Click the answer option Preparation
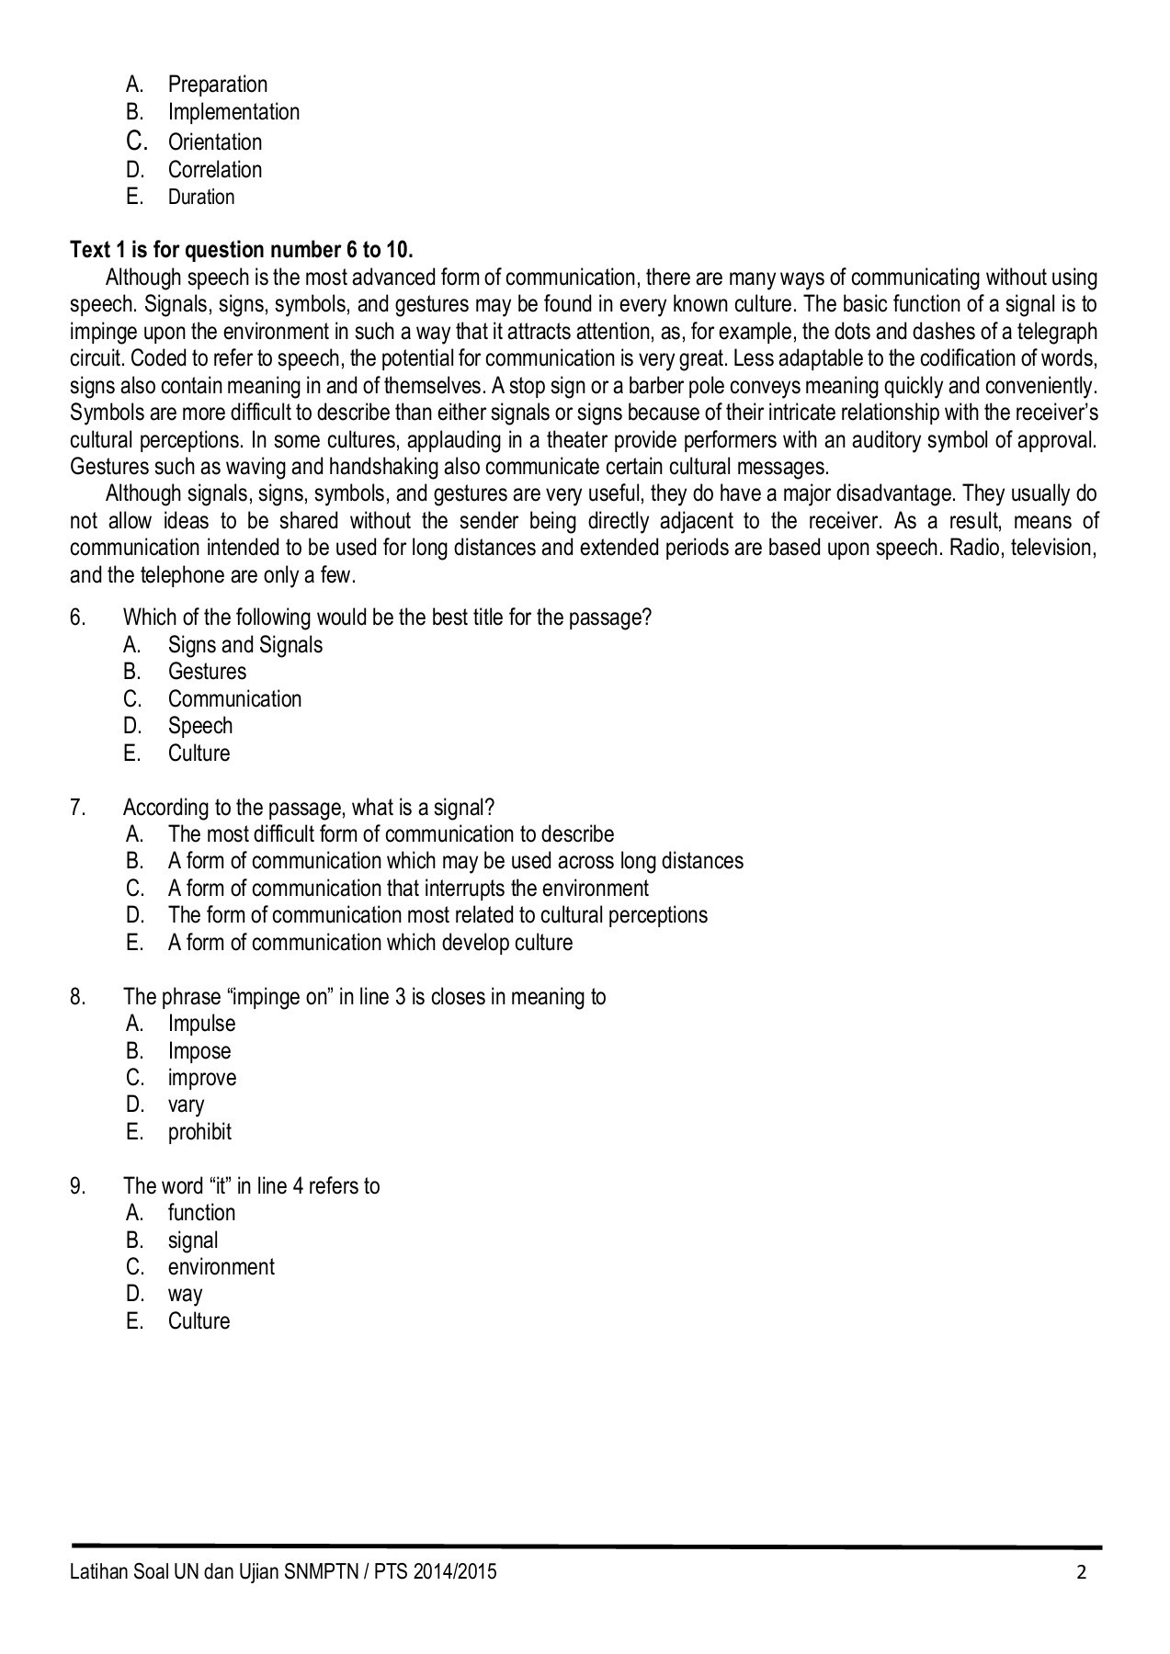pos(217,85)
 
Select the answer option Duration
pos(200,197)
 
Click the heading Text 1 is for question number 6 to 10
pos(242,250)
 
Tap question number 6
pos(78,617)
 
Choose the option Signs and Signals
pos(244,645)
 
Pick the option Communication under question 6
pos(234,699)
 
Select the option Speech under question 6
pos(199,726)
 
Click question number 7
pos(78,808)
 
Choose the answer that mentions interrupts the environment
pos(407,889)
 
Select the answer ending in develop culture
pos(369,943)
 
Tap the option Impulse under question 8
pos(201,1024)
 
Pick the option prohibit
pos(199,1132)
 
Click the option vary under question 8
pos(186,1105)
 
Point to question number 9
pos(78,1186)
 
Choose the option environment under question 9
pos(221,1267)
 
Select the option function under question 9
pos(201,1213)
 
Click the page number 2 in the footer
pos(1082,1572)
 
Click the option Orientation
pos(214,142)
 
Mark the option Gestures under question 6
pos(207,672)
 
